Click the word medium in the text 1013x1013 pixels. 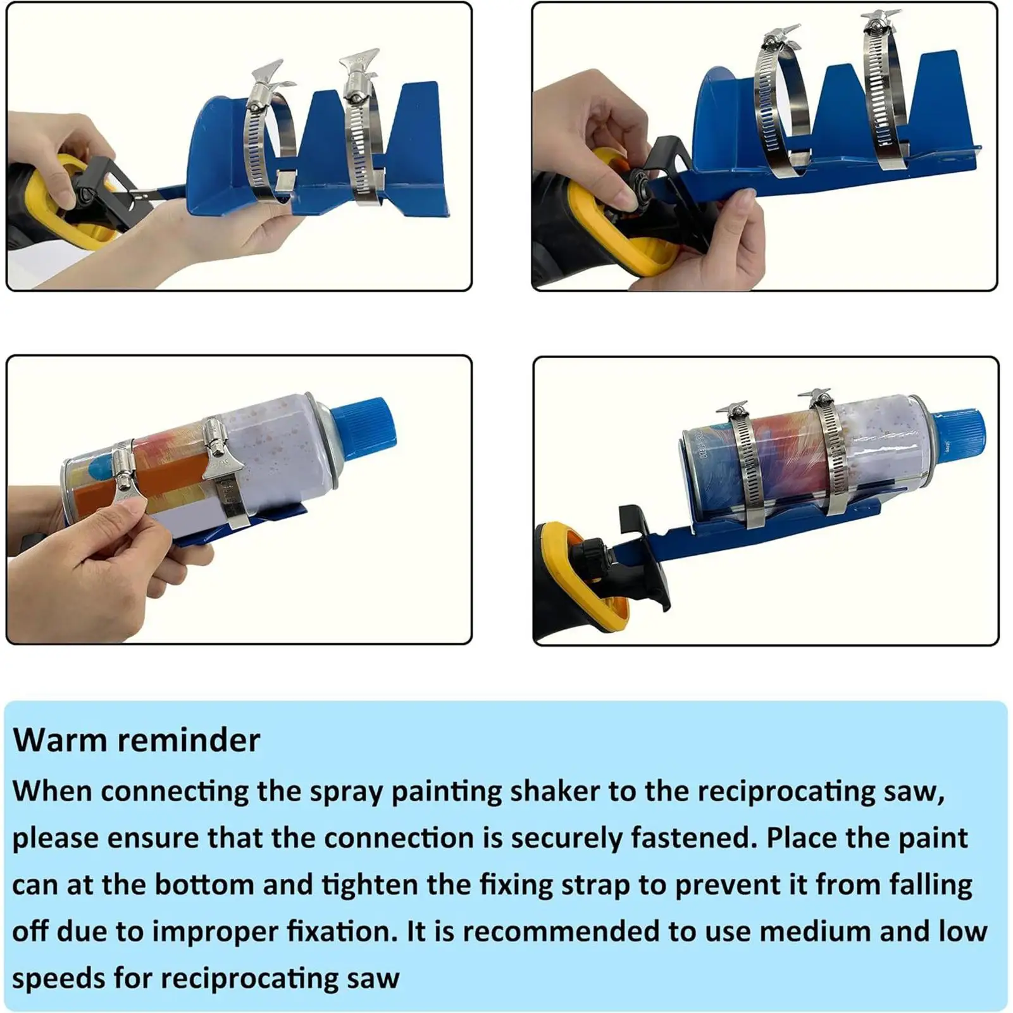point(814,931)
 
